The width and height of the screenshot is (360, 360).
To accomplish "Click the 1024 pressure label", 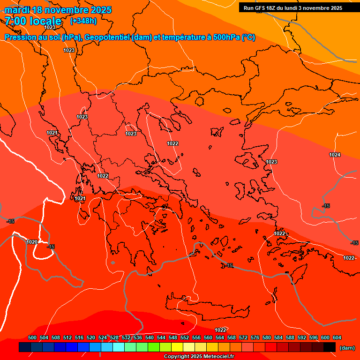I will (x=334, y=155).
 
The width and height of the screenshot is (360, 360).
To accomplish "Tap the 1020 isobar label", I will (x=32, y=242).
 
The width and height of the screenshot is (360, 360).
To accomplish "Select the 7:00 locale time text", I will (x=33, y=21).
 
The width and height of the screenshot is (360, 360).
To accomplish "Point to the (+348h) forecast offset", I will (x=83, y=21).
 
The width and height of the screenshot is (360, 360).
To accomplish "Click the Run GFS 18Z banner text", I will (x=292, y=8).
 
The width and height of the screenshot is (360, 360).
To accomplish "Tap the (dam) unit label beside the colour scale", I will (x=347, y=348).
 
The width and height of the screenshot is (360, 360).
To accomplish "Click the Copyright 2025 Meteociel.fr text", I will (x=199, y=357).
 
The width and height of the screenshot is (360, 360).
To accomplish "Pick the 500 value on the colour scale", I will (x=32, y=337).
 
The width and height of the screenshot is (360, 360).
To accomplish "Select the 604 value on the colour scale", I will (x=337, y=337).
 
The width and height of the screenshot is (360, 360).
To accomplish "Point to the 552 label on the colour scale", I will (x=185, y=337).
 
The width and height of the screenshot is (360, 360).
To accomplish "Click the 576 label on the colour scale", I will (x=255, y=337).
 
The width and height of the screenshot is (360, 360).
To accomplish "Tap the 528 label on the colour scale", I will (x=114, y=337).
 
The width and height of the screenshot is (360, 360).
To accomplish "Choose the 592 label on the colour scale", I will (x=302, y=337).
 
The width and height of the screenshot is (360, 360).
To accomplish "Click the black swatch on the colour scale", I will (x=330, y=347).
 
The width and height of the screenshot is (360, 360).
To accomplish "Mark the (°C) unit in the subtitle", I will (x=248, y=37).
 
